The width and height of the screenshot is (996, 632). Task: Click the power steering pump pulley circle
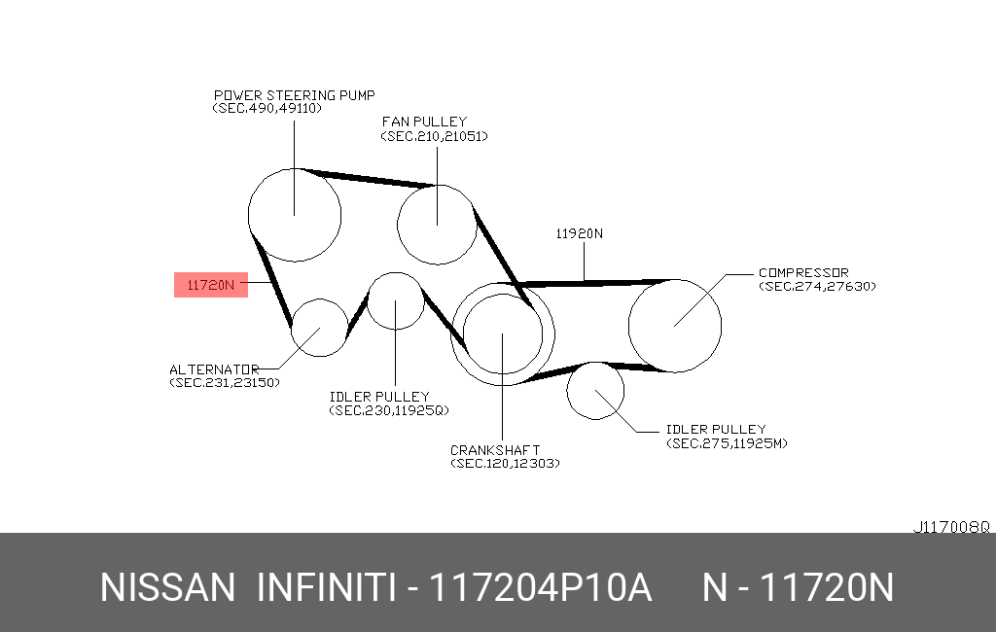(x=248, y=215)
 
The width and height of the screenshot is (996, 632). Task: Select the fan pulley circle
(x=398, y=225)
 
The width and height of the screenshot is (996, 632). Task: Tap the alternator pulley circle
(x=292, y=327)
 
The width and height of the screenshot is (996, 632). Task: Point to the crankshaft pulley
(x=451, y=334)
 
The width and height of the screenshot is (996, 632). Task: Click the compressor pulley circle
(x=629, y=326)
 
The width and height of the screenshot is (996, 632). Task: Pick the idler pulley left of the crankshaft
(x=368, y=301)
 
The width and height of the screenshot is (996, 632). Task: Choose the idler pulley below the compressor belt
(x=567, y=391)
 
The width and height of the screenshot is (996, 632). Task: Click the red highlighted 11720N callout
(x=211, y=285)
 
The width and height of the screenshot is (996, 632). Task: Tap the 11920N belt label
(x=580, y=233)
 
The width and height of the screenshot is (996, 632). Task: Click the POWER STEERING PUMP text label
(x=294, y=95)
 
